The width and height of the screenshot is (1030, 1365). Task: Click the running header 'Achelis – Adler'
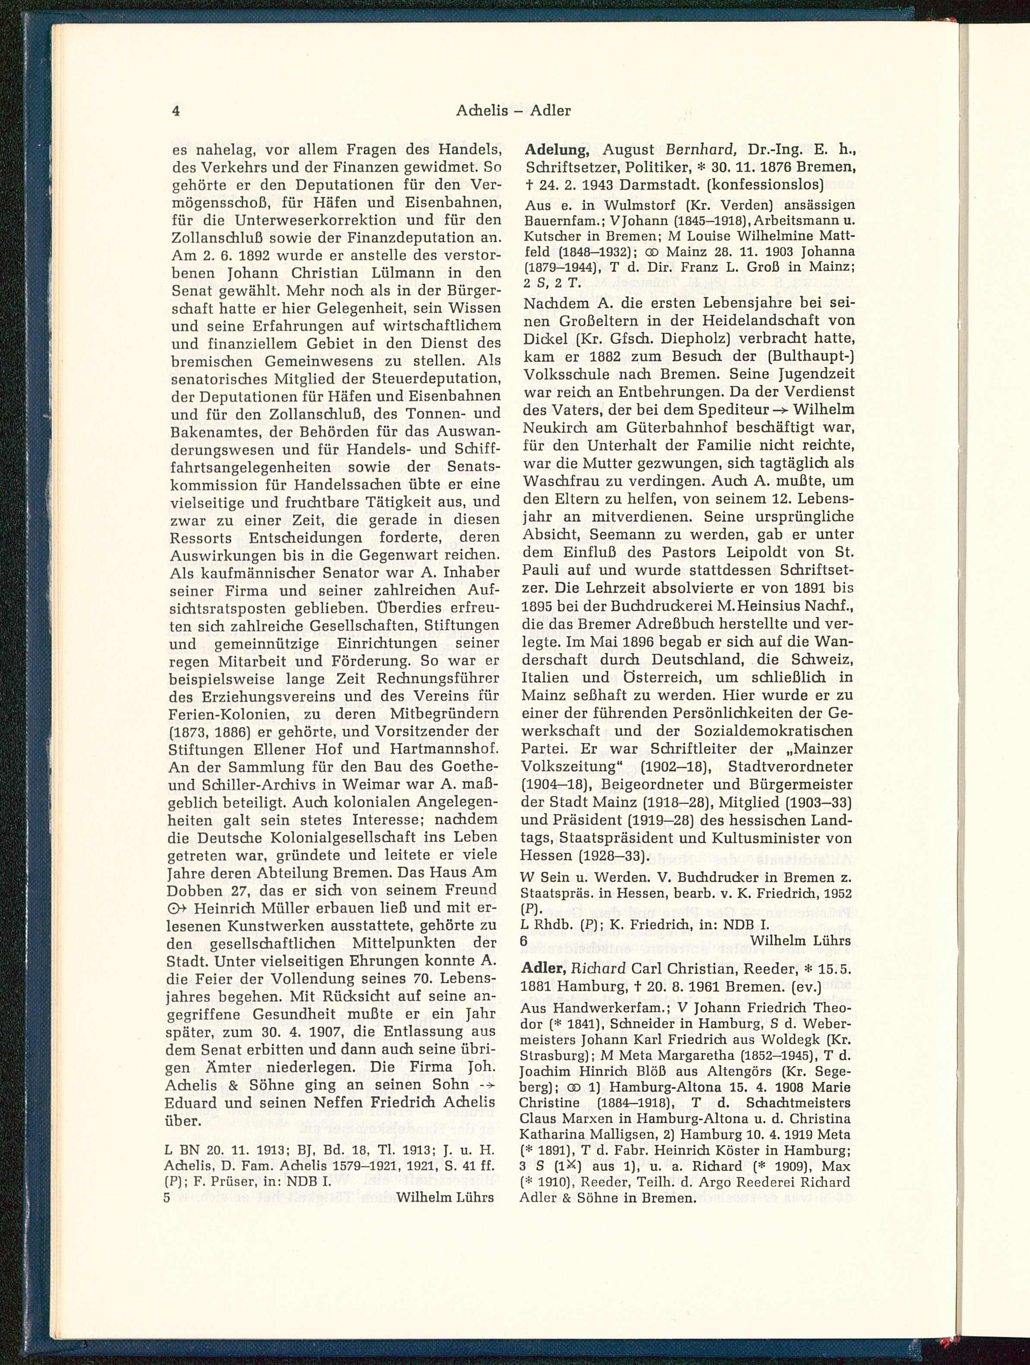(x=513, y=111)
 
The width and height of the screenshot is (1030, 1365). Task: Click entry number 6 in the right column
(x=524, y=940)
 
